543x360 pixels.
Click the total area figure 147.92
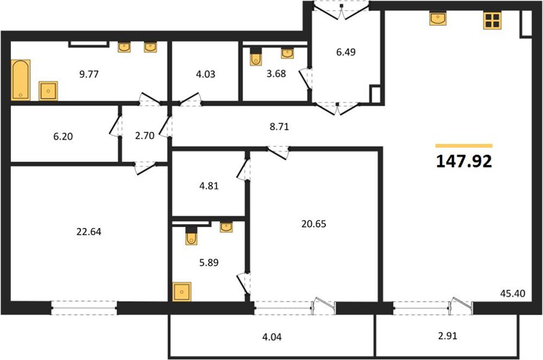point(464,162)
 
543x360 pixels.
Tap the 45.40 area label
point(512,294)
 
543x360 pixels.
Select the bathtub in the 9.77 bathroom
point(21,80)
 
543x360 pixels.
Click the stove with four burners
point(492,21)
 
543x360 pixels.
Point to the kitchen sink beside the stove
point(438,18)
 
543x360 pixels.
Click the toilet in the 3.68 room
point(256,57)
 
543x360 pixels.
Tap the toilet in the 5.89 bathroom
point(191,236)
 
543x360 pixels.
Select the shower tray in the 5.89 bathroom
point(182,291)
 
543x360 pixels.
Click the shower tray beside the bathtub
point(48,90)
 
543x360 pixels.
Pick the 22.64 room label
point(89,232)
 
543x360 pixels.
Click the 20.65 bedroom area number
point(314,224)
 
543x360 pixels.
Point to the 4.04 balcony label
point(272,337)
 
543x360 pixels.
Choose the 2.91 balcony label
point(448,336)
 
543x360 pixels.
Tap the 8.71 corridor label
point(279,127)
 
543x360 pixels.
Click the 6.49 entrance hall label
point(346,52)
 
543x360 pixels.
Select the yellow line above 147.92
point(464,146)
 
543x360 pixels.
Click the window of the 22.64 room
point(84,308)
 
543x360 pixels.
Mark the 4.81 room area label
point(209,186)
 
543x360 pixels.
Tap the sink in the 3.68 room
point(287,53)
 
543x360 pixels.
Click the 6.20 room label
point(63,136)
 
